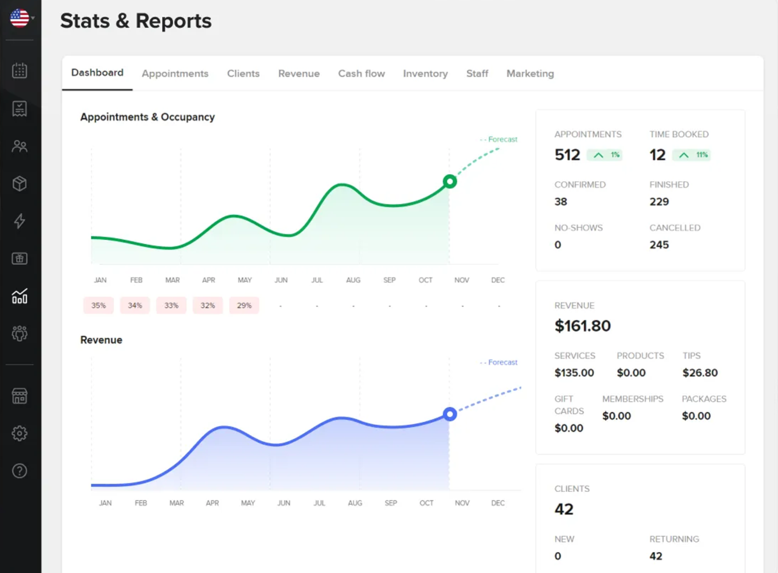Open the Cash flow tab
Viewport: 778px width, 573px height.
tap(361, 74)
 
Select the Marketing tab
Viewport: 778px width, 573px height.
tap(530, 74)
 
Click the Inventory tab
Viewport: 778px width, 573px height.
tap(425, 74)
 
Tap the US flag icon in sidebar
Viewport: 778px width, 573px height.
tap(20, 18)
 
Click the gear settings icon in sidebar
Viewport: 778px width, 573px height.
tap(20, 433)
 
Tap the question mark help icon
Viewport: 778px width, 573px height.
tap(20, 471)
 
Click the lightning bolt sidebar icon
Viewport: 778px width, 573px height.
tap(20, 221)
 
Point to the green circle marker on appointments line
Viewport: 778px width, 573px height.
tap(449, 182)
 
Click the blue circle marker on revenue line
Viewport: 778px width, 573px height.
tap(449, 414)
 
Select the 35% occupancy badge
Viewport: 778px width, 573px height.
tap(98, 305)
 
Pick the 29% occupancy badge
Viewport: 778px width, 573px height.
tap(244, 305)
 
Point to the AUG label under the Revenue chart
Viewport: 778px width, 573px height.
tap(355, 503)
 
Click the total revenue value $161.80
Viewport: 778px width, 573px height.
tap(582, 326)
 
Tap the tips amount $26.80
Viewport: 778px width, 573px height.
tap(700, 373)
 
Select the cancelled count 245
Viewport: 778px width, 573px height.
tap(659, 245)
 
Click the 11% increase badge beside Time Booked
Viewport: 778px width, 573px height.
tap(691, 155)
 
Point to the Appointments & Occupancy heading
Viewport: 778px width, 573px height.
tap(147, 117)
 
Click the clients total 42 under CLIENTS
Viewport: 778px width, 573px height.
tap(564, 509)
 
